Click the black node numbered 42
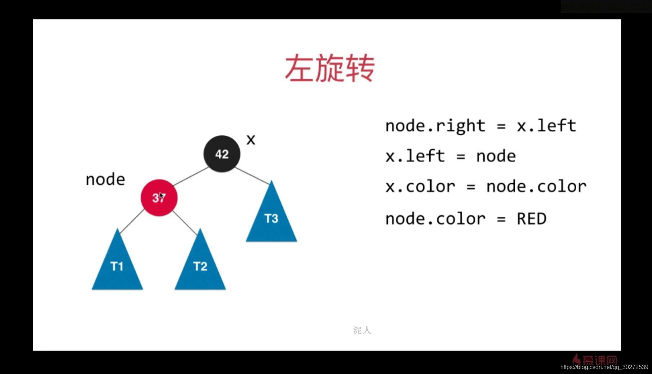[x=222, y=154]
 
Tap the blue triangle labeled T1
[x=117, y=266]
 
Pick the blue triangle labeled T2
[x=200, y=266]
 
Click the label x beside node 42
[x=251, y=140]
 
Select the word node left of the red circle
[x=105, y=179]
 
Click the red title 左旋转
[x=330, y=68]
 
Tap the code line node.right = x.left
[x=480, y=126]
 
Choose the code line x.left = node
[x=450, y=156]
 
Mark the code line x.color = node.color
[x=486, y=187]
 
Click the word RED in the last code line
[x=532, y=219]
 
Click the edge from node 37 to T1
[x=132, y=221]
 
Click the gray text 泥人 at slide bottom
[x=362, y=330]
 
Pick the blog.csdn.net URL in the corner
[x=604, y=367]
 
